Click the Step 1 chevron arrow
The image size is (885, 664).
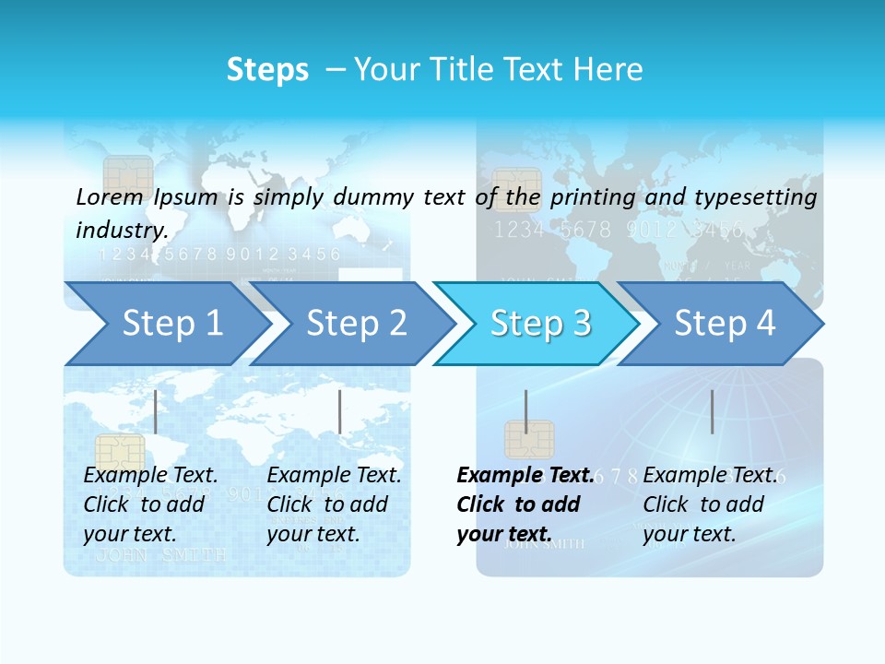166,323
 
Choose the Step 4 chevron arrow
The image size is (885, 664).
724,323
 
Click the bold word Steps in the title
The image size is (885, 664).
267,69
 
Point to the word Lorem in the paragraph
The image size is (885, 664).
110,196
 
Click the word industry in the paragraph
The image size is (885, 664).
120,230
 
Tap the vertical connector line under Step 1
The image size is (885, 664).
156,411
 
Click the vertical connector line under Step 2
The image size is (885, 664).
340,411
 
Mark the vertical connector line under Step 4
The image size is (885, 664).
712,411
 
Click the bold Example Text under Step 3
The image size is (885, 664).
525,475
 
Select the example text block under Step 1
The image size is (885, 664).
150,504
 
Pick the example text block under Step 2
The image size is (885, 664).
334,504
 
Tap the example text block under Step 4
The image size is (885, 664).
710,504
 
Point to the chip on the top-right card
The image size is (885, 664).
516,188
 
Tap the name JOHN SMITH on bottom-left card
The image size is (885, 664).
160,555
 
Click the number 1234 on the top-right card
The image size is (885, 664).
520,230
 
